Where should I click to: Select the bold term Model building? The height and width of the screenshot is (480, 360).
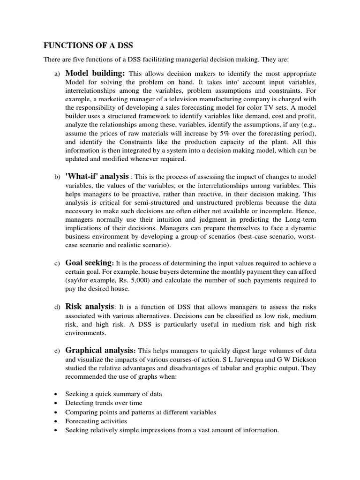(95, 74)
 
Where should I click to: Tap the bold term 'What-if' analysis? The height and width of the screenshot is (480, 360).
(97, 176)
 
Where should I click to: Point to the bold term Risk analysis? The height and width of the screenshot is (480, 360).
(90, 307)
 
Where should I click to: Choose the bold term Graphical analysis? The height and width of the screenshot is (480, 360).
(101, 350)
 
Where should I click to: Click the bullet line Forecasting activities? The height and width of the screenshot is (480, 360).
(96, 421)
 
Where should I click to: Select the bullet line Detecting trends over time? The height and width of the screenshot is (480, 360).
(104, 403)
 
